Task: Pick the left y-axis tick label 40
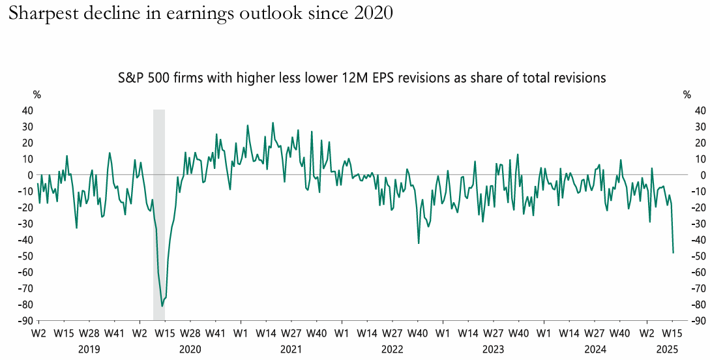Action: click(x=27, y=111)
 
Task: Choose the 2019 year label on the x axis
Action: click(x=89, y=349)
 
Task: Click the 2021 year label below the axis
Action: click(x=291, y=349)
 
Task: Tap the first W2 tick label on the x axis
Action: click(x=38, y=334)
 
